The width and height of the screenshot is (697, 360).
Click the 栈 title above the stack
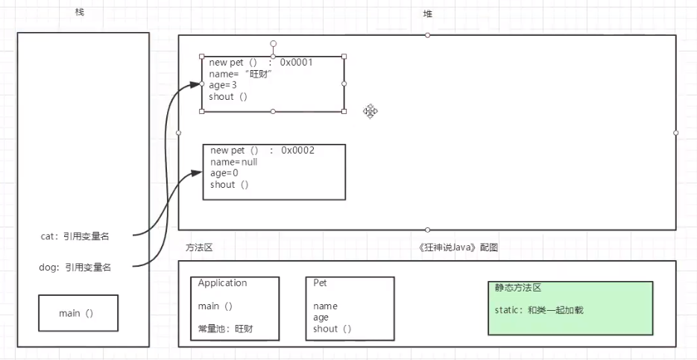[x=80, y=13]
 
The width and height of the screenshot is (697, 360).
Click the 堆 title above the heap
[x=427, y=13]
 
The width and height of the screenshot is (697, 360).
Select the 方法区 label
[x=200, y=247]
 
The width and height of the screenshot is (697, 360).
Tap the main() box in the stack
[x=77, y=313]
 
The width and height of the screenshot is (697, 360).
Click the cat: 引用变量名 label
[x=75, y=236]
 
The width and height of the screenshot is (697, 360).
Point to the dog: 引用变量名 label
[x=75, y=267]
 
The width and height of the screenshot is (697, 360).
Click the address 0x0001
[x=296, y=63]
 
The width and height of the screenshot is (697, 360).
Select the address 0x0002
[x=297, y=151]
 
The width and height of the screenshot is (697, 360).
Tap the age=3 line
[x=223, y=85]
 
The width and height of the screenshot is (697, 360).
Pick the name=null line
[x=233, y=162]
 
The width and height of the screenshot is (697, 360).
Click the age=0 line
[x=224, y=173]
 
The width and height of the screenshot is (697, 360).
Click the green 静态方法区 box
[x=570, y=308]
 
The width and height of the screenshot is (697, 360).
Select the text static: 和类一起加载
[x=538, y=309]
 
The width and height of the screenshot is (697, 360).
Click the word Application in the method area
[x=222, y=283]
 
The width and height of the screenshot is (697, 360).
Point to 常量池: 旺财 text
[x=225, y=329]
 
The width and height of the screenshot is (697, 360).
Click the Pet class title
[x=320, y=283]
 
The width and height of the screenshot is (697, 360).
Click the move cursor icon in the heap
[x=370, y=111]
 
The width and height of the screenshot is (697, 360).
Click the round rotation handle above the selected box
[x=274, y=43]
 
